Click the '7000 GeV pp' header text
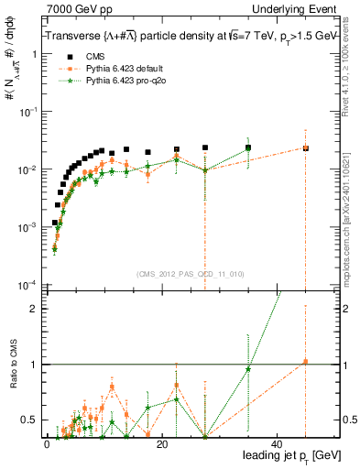click(x=75, y=11)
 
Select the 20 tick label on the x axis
click(x=162, y=444)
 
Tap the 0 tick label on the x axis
click(x=47, y=444)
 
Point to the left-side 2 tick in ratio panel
click(x=33, y=309)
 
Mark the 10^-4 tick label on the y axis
click(x=27, y=284)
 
